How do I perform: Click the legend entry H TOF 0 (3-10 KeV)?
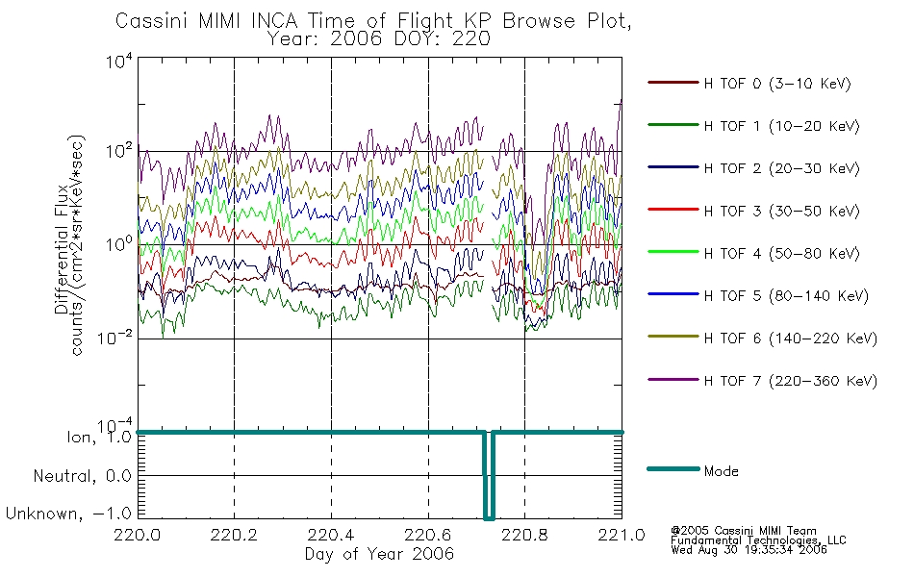[x=777, y=84]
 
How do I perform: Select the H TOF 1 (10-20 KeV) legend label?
[x=781, y=126]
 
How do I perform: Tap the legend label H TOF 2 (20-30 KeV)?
[x=781, y=168]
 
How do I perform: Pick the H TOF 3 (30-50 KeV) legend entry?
[x=781, y=211]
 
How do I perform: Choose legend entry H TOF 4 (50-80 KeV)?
[x=781, y=254]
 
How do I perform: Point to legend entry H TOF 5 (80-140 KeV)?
[x=786, y=296]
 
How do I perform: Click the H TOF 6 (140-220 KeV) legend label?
[x=791, y=339]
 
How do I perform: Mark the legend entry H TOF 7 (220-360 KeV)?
[x=791, y=381]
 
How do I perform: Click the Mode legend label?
[x=721, y=471]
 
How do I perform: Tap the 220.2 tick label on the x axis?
[x=235, y=535]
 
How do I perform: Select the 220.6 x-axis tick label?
[x=428, y=535]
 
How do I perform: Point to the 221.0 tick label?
[x=622, y=535]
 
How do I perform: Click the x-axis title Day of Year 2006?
[x=379, y=554]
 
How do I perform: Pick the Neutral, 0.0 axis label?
[x=82, y=476]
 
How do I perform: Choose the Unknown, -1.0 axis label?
[x=68, y=514]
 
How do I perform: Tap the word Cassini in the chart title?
[x=152, y=21]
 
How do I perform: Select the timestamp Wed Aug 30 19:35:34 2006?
[x=749, y=550]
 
